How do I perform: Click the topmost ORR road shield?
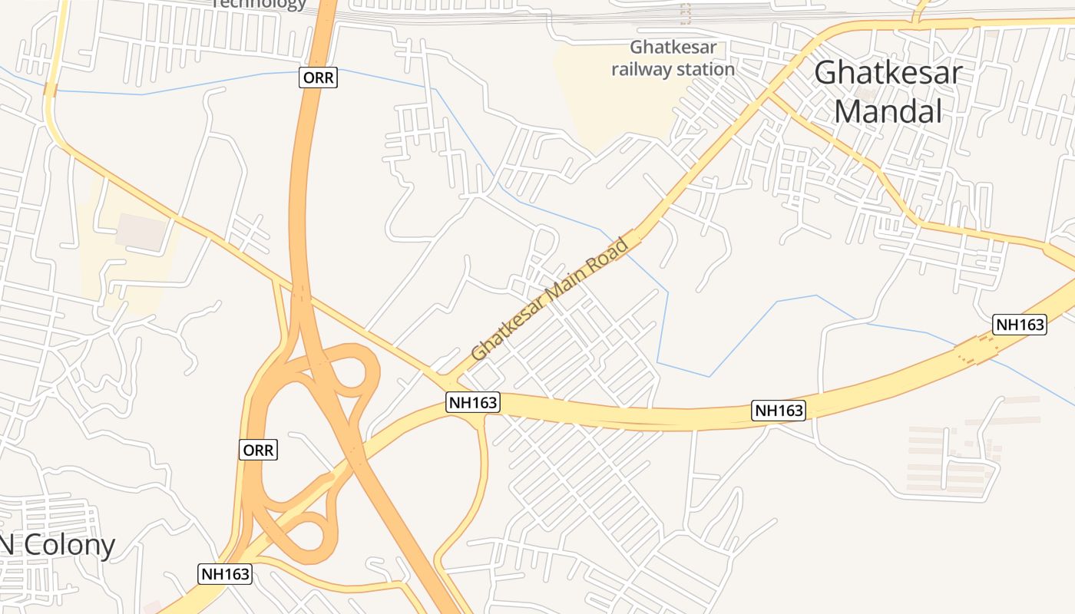(x=318, y=78)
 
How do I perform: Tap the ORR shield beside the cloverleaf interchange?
(x=258, y=450)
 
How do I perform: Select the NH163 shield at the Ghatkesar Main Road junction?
(x=473, y=402)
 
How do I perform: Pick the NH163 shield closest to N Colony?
(x=225, y=573)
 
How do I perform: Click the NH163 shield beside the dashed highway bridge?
(x=1020, y=324)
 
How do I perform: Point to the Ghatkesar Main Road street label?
(x=549, y=300)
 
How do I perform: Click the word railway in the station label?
(x=644, y=70)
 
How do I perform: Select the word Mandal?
(x=888, y=111)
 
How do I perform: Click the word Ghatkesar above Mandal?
(x=888, y=73)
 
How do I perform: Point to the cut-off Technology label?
(x=259, y=4)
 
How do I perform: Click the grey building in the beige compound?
(x=141, y=231)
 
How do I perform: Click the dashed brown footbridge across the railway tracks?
(x=686, y=13)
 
